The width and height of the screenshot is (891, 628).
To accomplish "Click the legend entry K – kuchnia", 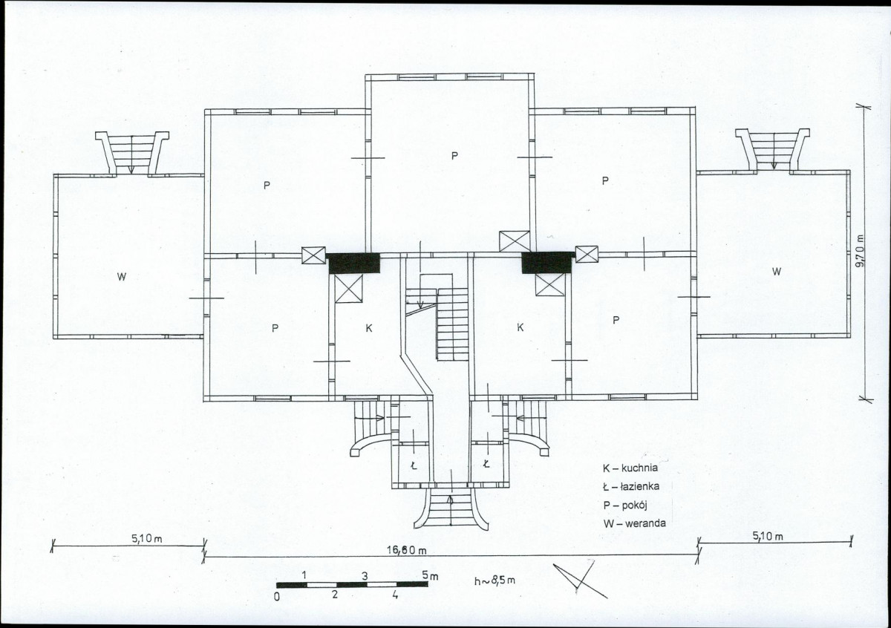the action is coord(630,468).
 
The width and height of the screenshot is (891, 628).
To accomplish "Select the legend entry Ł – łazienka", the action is coord(631,486).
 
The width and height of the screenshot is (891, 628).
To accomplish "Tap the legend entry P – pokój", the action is coord(625,505).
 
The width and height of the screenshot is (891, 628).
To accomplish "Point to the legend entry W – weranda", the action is coord(634,523).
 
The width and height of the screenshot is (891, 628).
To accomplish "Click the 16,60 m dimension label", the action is coord(407,551).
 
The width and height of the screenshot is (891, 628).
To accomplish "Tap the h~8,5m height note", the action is coord(495,580).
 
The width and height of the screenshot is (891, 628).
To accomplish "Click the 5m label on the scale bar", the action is coord(430,575).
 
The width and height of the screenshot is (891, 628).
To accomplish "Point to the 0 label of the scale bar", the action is coord(277,597).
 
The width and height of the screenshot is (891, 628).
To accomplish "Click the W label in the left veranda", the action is coord(122,276).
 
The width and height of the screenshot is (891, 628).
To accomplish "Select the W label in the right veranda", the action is coord(777,271).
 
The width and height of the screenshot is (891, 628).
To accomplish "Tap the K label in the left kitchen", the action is coord(369,328).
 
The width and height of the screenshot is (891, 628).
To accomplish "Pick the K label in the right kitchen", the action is coord(520,327).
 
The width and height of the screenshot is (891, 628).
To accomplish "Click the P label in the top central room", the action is coord(454,155).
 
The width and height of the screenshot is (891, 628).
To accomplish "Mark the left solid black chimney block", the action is coord(353,264).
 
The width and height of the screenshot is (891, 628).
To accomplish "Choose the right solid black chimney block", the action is coord(548,263).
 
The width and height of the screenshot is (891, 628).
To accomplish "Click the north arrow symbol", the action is coord(581,579).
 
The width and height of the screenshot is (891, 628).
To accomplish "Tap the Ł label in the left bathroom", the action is coord(414,465).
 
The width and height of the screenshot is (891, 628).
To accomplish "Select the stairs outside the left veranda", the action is coord(131,154).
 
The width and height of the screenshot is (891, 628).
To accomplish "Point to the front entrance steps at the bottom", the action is coord(451,508).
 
